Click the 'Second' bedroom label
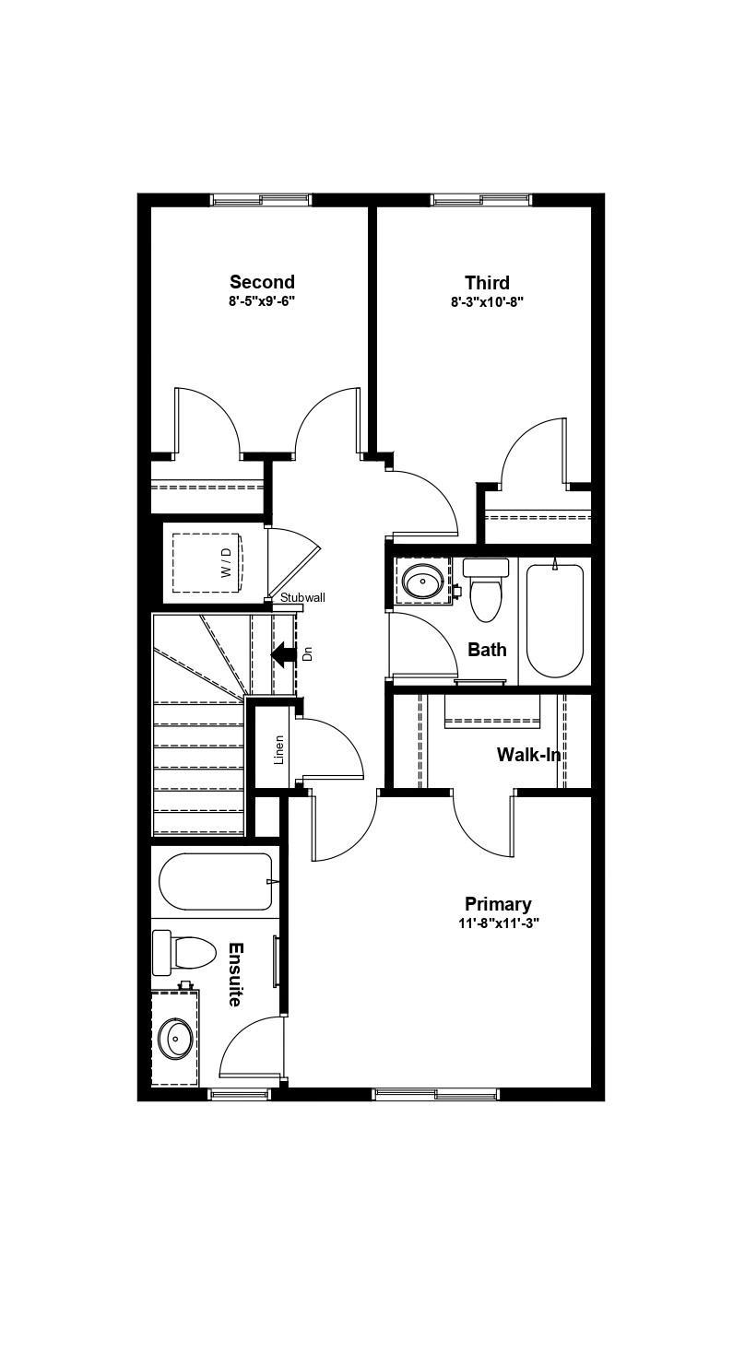(262, 282)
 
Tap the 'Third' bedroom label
(487, 282)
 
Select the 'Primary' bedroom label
(497, 904)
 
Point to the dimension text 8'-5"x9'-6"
(262, 301)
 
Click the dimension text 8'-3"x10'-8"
(487, 301)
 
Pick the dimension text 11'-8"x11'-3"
(498, 923)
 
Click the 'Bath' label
(487, 650)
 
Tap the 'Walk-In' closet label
(528, 755)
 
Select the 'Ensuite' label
(235, 974)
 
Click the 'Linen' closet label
(278, 748)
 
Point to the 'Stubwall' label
(302, 597)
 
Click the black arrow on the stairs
(283, 653)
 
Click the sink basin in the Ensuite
(174, 1040)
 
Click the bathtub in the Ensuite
(216, 881)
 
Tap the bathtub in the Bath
(554, 619)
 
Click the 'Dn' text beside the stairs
(308, 653)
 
